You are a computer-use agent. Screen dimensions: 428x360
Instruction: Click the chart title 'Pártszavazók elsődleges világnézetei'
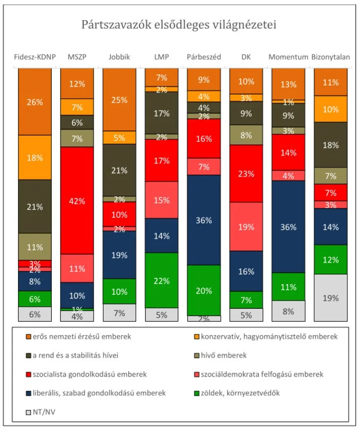pyautogui.click(x=179, y=24)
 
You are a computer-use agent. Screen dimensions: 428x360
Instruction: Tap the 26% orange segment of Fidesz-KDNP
pyautogui.click(x=35, y=102)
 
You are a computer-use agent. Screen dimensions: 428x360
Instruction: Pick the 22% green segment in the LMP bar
pyautogui.click(x=161, y=280)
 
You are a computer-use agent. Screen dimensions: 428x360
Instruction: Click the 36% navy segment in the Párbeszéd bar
pyautogui.click(x=203, y=220)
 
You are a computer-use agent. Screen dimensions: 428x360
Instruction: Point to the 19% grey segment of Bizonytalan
pyautogui.click(x=330, y=297)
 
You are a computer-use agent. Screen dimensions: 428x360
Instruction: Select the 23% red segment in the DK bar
pyautogui.click(x=246, y=173)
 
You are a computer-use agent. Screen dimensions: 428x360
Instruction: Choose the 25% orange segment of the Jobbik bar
pyautogui.click(x=119, y=99)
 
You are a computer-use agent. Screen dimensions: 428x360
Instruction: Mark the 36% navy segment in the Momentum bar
pyautogui.click(x=288, y=226)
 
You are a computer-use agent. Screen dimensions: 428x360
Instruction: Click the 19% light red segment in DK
pyautogui.click(x=246, y=226)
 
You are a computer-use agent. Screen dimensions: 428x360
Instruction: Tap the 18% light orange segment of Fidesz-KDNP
pyautogui.click(x=35, y=157)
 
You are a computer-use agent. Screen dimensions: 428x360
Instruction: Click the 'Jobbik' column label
pyautogui.click(x=119, y=57)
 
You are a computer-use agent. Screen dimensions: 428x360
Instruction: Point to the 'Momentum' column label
pyautogui.click(x=288, y=57)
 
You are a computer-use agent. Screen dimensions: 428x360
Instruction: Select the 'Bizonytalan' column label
pyautogui.click(x=330, y=57)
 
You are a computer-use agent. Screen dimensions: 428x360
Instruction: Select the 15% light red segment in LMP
pyautogui.click(x=161, y=200)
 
